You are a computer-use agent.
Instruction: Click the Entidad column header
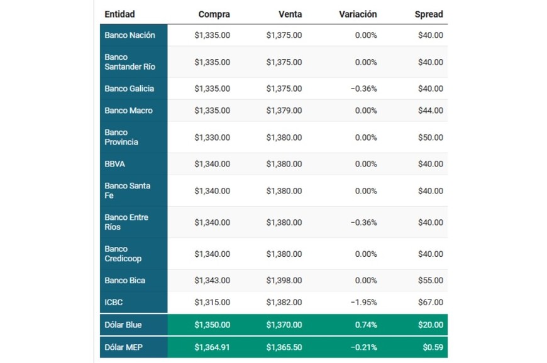click(119, 14)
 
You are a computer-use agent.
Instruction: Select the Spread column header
click(429, 14)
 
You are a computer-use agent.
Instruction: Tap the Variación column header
click(358, 14)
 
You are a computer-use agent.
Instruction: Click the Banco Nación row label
click(130, 35)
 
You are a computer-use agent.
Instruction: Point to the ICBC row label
click(114, 302)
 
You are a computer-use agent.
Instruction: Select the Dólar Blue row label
click(123, 325)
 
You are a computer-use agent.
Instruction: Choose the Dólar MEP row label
click(123, 347)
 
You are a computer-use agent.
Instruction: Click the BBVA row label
click(115, 163)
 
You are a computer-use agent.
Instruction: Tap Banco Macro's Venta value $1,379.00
click(284, 111)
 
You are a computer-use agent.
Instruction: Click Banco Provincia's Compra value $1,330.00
click(212, 137)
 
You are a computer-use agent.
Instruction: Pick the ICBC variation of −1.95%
click(363, 302)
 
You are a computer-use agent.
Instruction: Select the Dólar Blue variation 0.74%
click(366, 325)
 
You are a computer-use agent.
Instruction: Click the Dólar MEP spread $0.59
click(433, 347)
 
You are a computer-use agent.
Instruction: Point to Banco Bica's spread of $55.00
click(430, 280)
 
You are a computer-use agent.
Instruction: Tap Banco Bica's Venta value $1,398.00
click(284, 280)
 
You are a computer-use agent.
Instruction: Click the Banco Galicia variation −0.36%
click(363, 89)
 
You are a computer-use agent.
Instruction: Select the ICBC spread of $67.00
click(430, 302)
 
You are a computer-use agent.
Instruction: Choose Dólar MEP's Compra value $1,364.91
click(212, 347)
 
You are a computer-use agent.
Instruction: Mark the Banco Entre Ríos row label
click(127, 222)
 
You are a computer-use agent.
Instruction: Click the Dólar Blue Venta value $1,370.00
click(284, 325)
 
